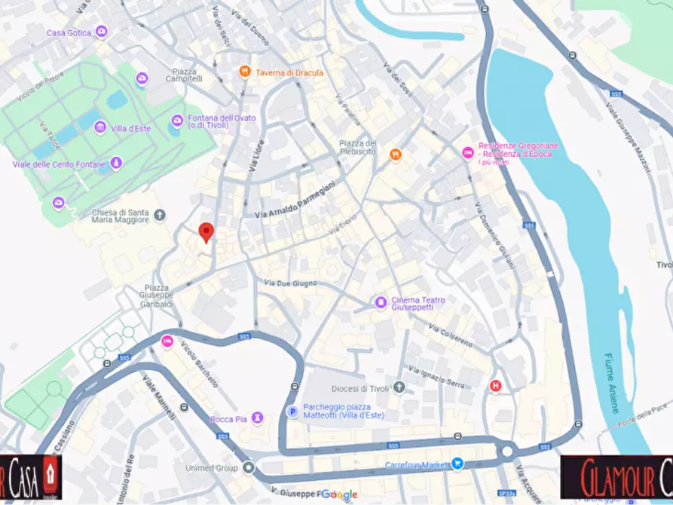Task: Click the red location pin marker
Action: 206,232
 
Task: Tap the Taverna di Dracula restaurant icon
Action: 244,72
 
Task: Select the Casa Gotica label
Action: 69,32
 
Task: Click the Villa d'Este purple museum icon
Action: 99,128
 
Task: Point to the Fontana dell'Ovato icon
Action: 177,120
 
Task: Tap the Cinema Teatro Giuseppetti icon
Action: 381,303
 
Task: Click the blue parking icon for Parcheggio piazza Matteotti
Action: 292,412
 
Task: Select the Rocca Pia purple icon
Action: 258,418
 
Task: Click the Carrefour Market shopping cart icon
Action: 457,464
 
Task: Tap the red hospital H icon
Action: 495,386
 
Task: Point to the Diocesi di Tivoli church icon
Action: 399,387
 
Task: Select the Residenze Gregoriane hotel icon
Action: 467,153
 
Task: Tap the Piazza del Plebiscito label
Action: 357,147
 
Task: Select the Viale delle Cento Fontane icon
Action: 116,163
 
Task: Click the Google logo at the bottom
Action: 339,494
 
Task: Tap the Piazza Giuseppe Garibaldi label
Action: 158,295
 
